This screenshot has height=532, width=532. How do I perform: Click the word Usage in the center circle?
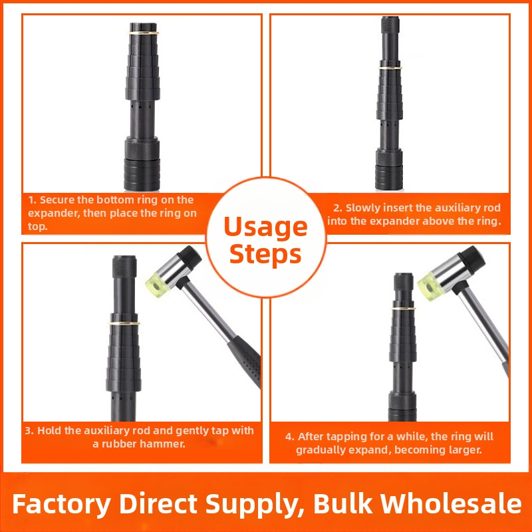pyautogui.click(x=265, y=227)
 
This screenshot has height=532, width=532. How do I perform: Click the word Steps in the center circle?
pyautogui.click(x=265, y=254)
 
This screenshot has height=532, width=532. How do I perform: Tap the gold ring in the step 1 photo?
pyautogui.click(x=143, y=33)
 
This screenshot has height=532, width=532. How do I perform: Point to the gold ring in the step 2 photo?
pyautogui.click(x=390, y=68)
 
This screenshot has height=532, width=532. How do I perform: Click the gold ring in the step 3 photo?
pyautogui.click(x=124, y=323)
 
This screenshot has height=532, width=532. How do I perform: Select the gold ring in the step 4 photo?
pyautogui.click(x=404, y=308)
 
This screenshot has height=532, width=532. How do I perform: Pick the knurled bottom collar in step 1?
pyautogui.click(x=142, y=148)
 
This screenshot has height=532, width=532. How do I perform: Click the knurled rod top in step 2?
pyautogui.click(x=390, y=25)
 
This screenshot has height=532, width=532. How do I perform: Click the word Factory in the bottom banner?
pyautogui.click(x=61, y=504)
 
